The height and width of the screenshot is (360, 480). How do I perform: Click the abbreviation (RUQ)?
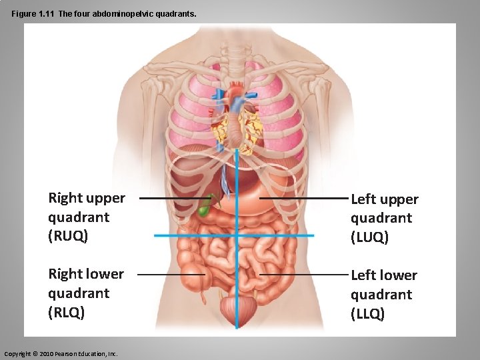click(x=68, y=236)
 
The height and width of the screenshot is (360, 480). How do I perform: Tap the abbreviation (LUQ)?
click(x=370, y=237)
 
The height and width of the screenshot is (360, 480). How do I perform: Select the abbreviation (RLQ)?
click(x=67, y=312)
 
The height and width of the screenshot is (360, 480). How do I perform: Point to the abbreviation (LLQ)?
click(x=368, y=313)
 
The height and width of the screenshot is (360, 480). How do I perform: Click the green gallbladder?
click(x=204, y=209)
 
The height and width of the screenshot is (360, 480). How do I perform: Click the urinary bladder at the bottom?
click(x=238, y=309)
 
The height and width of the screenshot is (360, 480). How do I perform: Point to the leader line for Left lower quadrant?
click(x=303, y=275)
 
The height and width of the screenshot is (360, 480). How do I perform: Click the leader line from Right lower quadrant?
click(x=170, y=274)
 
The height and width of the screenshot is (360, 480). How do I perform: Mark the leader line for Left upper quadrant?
click(x=303, y=199)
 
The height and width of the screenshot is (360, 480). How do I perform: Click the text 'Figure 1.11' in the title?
click(x=33, y=13)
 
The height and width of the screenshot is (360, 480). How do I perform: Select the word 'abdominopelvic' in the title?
click(x=126, y=13)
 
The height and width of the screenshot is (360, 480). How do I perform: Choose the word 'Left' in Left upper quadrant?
click(x=364, y=199)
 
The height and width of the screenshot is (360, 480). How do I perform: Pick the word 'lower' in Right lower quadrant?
click(x=106, y=274)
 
